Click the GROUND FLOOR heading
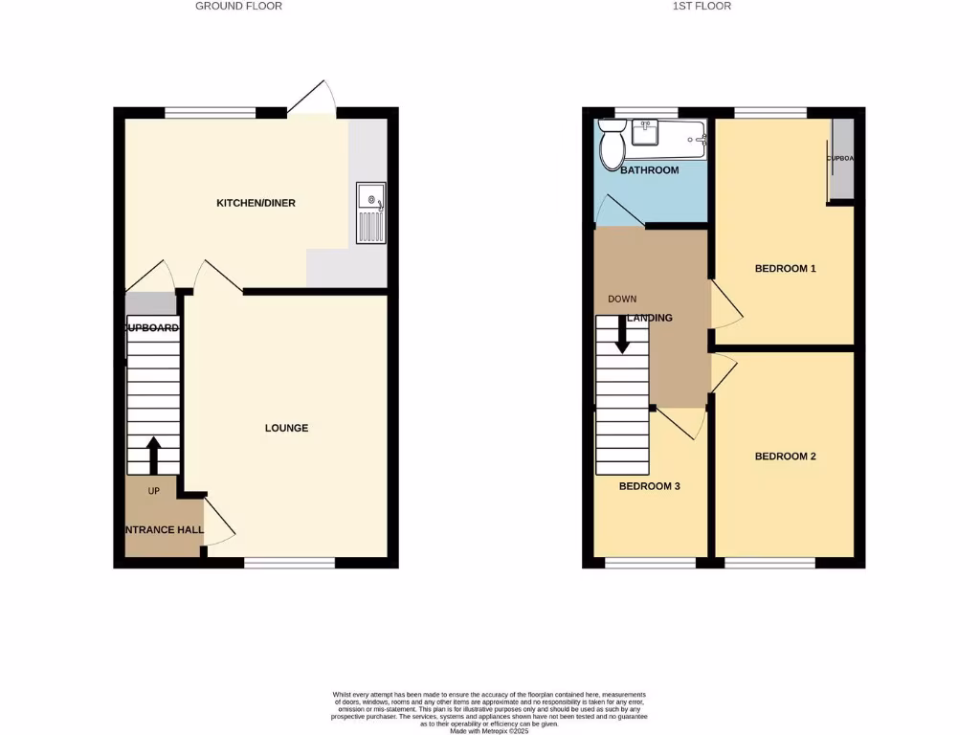[238, 6]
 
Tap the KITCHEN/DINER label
[256, 203]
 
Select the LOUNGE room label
[286, 428]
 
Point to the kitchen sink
[370, 212]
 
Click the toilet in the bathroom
[611, 146]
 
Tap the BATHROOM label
[649, 170]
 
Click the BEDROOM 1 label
[785, 269]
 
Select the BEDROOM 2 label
[785, 457]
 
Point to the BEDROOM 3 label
[649, 486]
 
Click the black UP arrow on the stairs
[153, 455]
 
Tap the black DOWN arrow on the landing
[622, 332]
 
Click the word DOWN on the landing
[622, 299]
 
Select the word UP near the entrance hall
[153, 491]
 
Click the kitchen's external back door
[310, 99]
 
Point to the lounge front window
[289, 563]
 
